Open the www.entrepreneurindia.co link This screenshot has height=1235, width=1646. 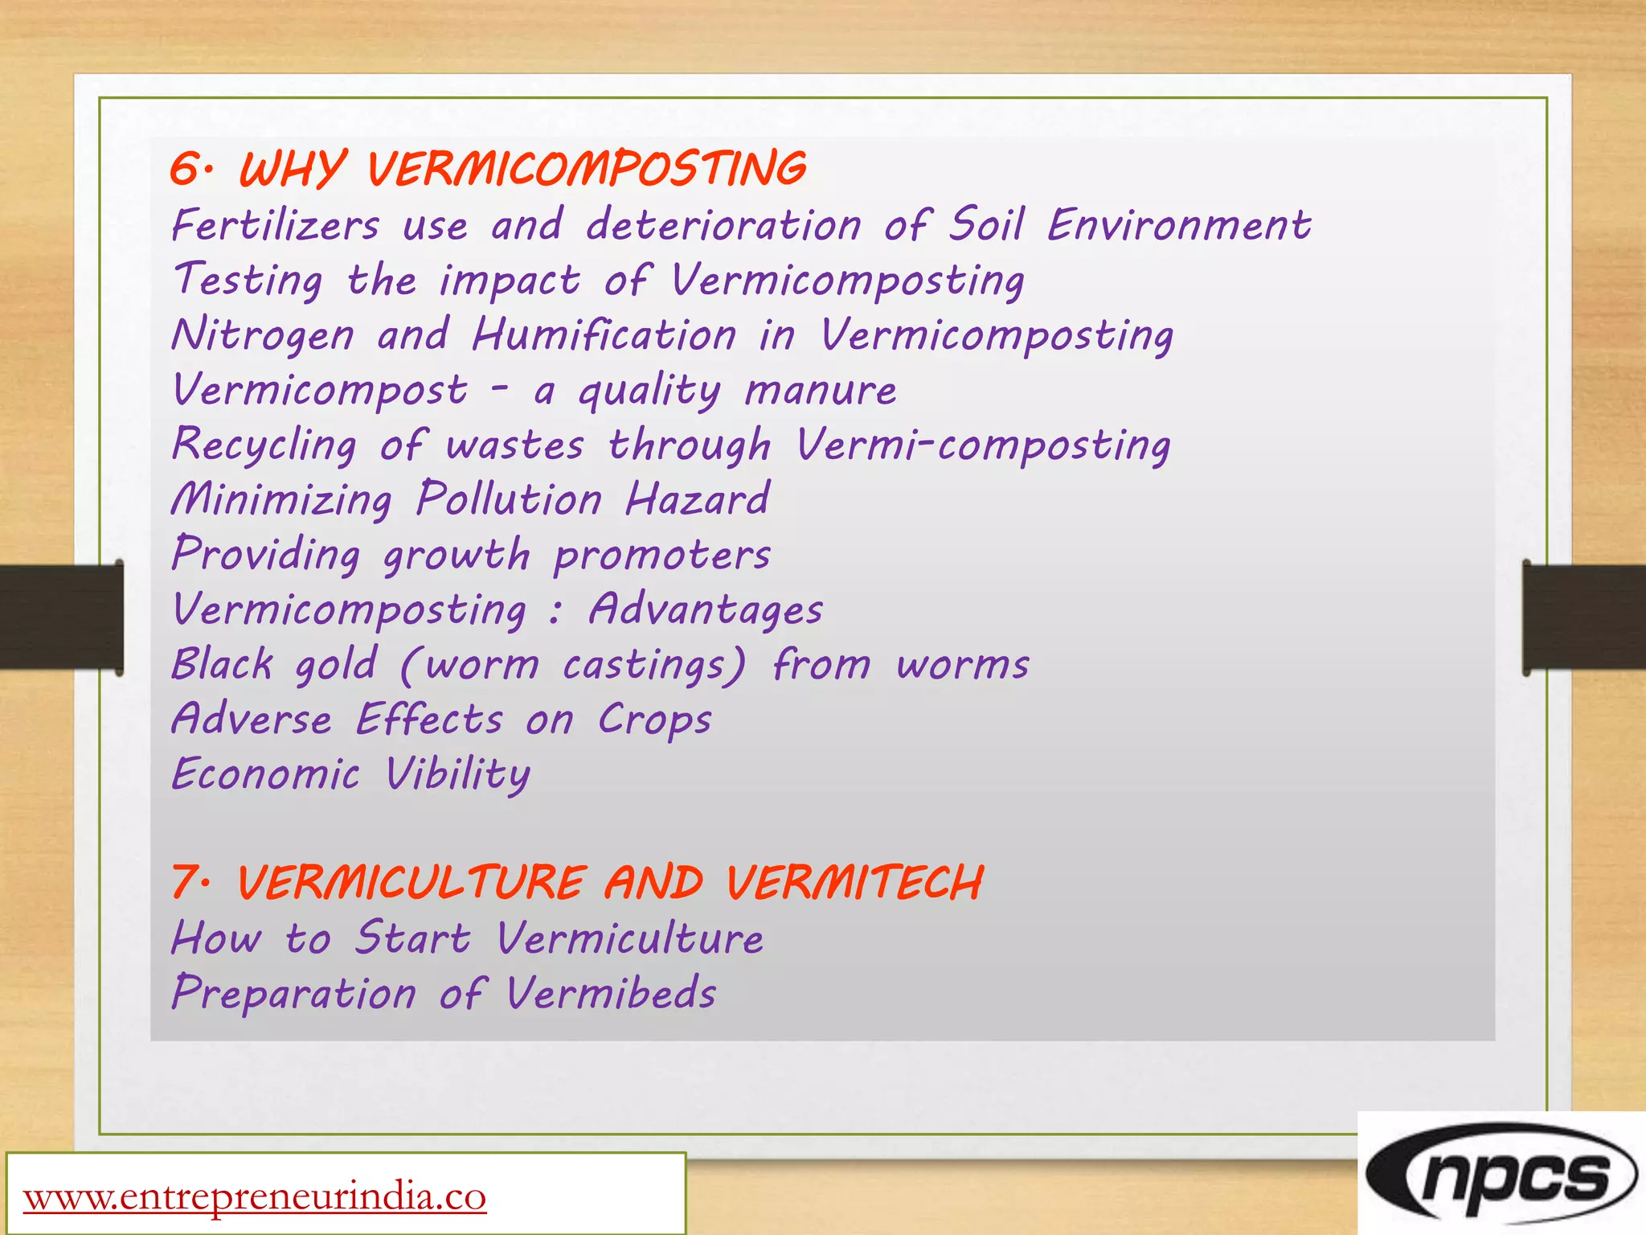tap(255, 1197)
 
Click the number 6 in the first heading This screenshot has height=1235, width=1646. tap(186, 170)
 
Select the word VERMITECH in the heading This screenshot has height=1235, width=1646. tap(854, 882)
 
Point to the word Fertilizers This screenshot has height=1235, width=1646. tap(275, 224)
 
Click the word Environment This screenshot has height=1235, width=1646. tap(1178, 224)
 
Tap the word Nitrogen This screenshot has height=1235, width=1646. tap(263, 335)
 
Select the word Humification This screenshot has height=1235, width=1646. tap(604, 334)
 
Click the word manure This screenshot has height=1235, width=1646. tap(821, 390)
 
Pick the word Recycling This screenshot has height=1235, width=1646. tap(264, 445)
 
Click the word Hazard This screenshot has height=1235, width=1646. tap(698, 499)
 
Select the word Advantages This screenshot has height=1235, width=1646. tap(706, 609)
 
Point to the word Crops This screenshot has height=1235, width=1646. tap(654, 720)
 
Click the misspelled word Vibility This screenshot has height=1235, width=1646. tap(457, 774)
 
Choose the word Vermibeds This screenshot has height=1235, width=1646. tap(611, 993)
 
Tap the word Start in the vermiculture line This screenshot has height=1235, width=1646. tap(413, 938)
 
